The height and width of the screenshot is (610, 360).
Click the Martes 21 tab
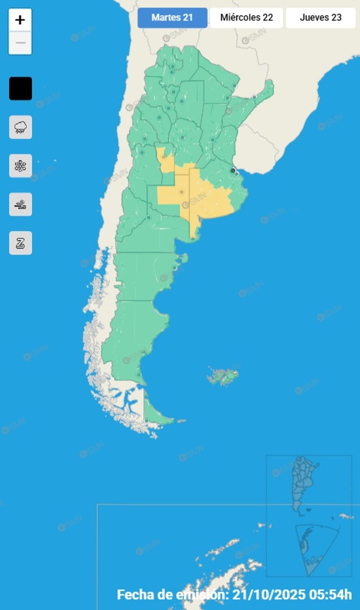(172, 18)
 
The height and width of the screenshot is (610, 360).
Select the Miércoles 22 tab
(246, 18)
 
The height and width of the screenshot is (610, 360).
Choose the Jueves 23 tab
(320, 18)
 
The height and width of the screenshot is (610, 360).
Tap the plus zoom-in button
(20, 20)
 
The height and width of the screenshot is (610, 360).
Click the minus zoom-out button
(20, 43)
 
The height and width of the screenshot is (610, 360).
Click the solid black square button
(20, 88)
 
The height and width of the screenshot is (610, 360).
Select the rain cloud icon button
(20, 127)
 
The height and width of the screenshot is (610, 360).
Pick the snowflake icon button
(20, 166)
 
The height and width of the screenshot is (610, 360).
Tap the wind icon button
(20, 205)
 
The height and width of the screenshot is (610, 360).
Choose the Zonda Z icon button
(20, 243)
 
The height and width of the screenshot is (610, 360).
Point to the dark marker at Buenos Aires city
(232, 171)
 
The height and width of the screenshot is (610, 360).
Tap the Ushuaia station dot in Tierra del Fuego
(146, 421)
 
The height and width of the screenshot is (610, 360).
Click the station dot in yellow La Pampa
(181, 192)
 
